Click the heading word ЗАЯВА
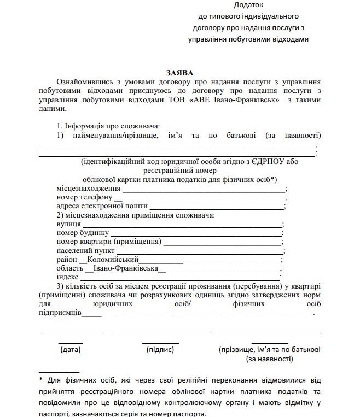click(x=180, y=72)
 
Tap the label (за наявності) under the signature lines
click(x=270, y=359)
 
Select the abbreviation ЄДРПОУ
click(x=275, y=161)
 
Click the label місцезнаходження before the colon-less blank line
click(x=89, y=189)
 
